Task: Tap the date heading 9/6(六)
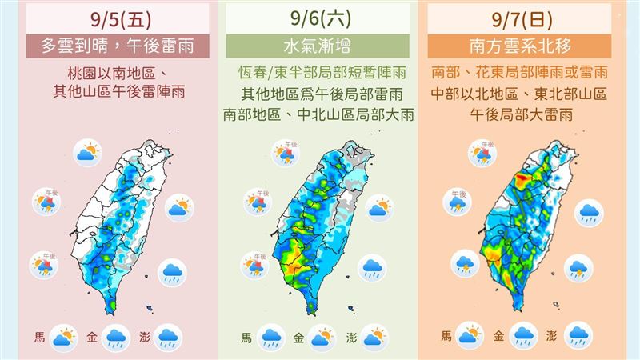pos(318,16)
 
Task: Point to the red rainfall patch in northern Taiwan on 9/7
pos(525,178)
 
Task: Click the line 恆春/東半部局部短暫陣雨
pos(318,72)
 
